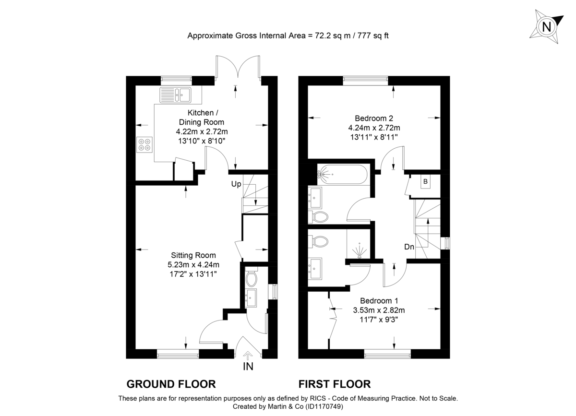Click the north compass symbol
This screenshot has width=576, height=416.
(x=546, y=26)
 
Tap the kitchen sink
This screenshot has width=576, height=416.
(x=176, y=95)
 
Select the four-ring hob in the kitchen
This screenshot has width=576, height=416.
(x=144, y=144)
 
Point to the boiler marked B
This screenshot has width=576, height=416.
(x=425, y=181)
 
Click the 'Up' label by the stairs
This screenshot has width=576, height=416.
(x=236, y=184)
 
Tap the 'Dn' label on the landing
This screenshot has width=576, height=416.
(x=409, y=247)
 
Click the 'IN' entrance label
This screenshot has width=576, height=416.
(x=248, y=367)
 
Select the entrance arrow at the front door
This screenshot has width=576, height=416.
(x=248, y=355)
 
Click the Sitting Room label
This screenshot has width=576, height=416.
(x=193, y=255)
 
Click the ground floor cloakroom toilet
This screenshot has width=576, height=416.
(x=251, y=278)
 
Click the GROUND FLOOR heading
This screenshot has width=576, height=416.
(x=171, y=384)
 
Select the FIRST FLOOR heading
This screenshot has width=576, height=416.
(x=335, y=384)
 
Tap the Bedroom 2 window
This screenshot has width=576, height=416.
(x=365, y=80)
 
